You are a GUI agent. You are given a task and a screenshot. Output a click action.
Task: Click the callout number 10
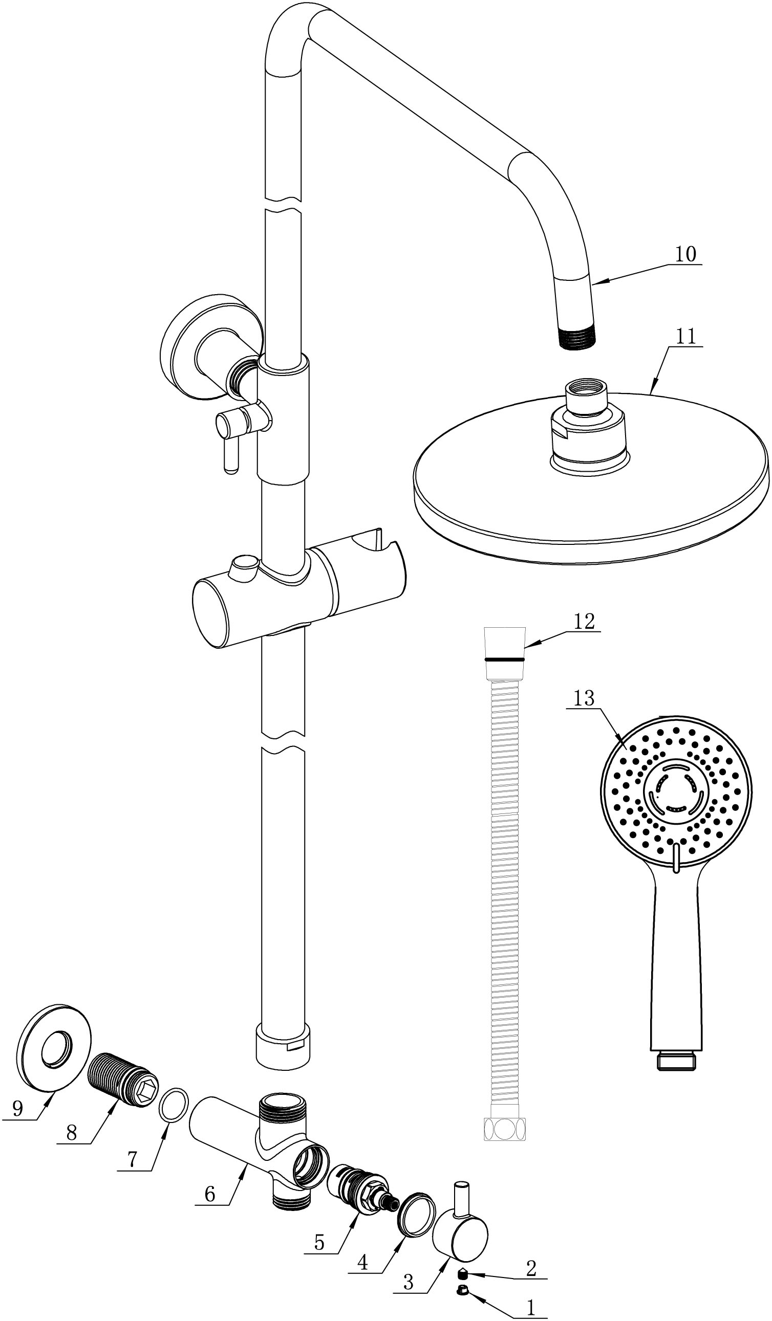click(x=685, y=254)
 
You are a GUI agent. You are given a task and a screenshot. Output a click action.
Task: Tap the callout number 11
click(x=685, y=336)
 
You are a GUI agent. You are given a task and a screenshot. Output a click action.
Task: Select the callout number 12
click(x=584, y=622)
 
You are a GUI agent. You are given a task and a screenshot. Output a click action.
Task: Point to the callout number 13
click(x=584, y=698)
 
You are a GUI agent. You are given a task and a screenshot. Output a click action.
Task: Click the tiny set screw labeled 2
click(x=463, y=1270)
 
